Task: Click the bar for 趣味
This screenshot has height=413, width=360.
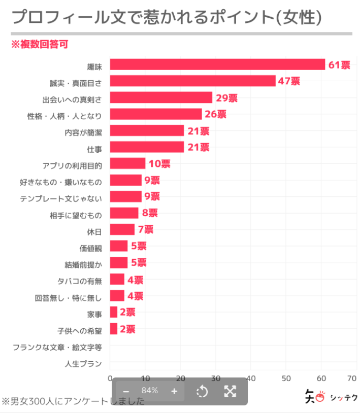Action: (x=217, y=64)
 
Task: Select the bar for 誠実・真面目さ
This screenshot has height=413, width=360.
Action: (x=193, y=81)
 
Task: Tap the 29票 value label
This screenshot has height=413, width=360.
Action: (x=226, y=98)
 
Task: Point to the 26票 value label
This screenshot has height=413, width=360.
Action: (x=216, y=114)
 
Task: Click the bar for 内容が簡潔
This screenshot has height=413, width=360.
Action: (x=147, y=131)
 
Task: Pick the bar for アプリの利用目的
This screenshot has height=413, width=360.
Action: (x=128, y=164)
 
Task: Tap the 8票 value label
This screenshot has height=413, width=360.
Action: (x=150, y=213)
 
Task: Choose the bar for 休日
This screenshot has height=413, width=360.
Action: (x=122, y=230)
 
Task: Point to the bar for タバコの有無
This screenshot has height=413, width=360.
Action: (x=117, y=280)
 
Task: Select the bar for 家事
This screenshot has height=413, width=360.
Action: (x=114, y=312)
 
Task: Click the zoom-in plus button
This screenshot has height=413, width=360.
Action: (x=174, y=391)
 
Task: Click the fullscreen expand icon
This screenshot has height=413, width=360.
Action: (x=230, y=391)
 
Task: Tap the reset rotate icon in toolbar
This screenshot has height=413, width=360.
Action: (x=202, y=391)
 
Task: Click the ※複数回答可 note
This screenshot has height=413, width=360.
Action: (x=40, y=45)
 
